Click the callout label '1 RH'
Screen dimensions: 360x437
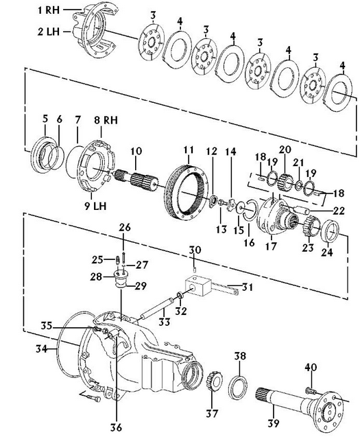click(x=49, y=10)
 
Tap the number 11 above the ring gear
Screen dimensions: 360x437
click(x=189, y=150)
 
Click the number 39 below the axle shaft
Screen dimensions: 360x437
click(x=274, y=423)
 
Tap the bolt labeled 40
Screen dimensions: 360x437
click(x=310, y=391)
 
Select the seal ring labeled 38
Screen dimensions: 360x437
click(x=238, y=388)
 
